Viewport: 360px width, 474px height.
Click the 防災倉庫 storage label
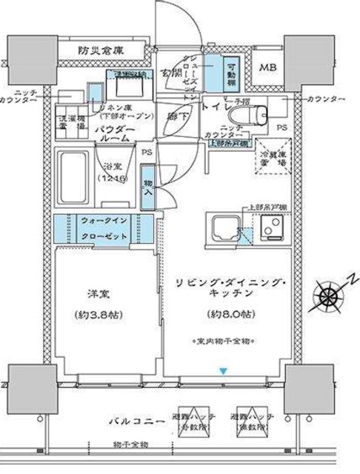tap(101, 50)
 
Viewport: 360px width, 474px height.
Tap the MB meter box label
tap(267, 67)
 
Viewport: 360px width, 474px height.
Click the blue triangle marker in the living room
tap(220, 370)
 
